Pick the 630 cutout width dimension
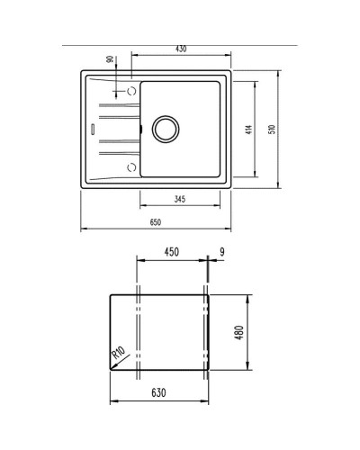click(x=159, y=393)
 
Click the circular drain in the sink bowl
click(x=166, y=128)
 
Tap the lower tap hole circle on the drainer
click(x=131, y=166)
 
